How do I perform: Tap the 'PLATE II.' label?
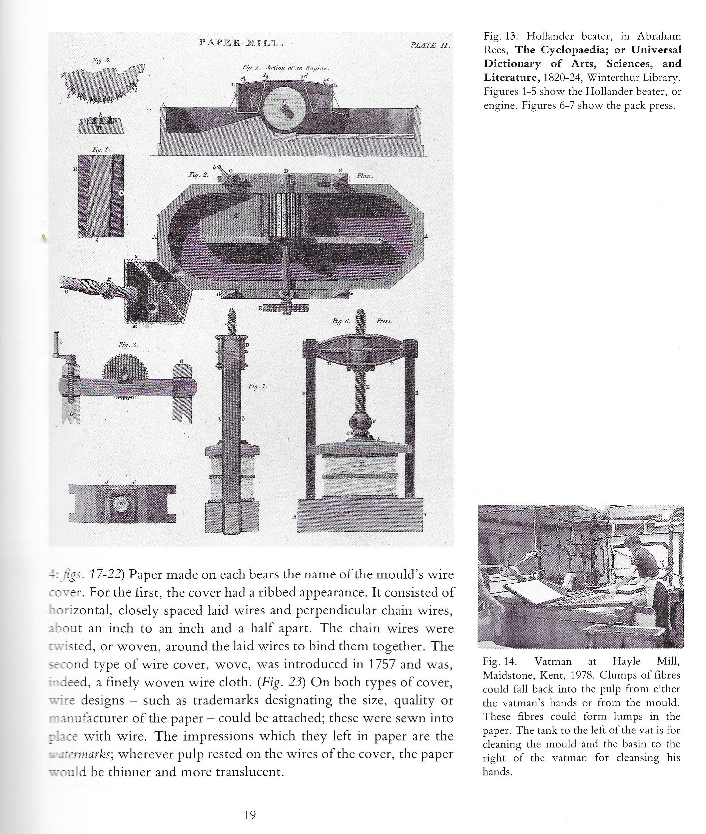tap(430, 45)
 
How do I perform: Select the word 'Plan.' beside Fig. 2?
tap(365, 176)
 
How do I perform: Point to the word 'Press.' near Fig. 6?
tap(383, 321)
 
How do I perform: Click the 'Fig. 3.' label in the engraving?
tap(128, 345)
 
